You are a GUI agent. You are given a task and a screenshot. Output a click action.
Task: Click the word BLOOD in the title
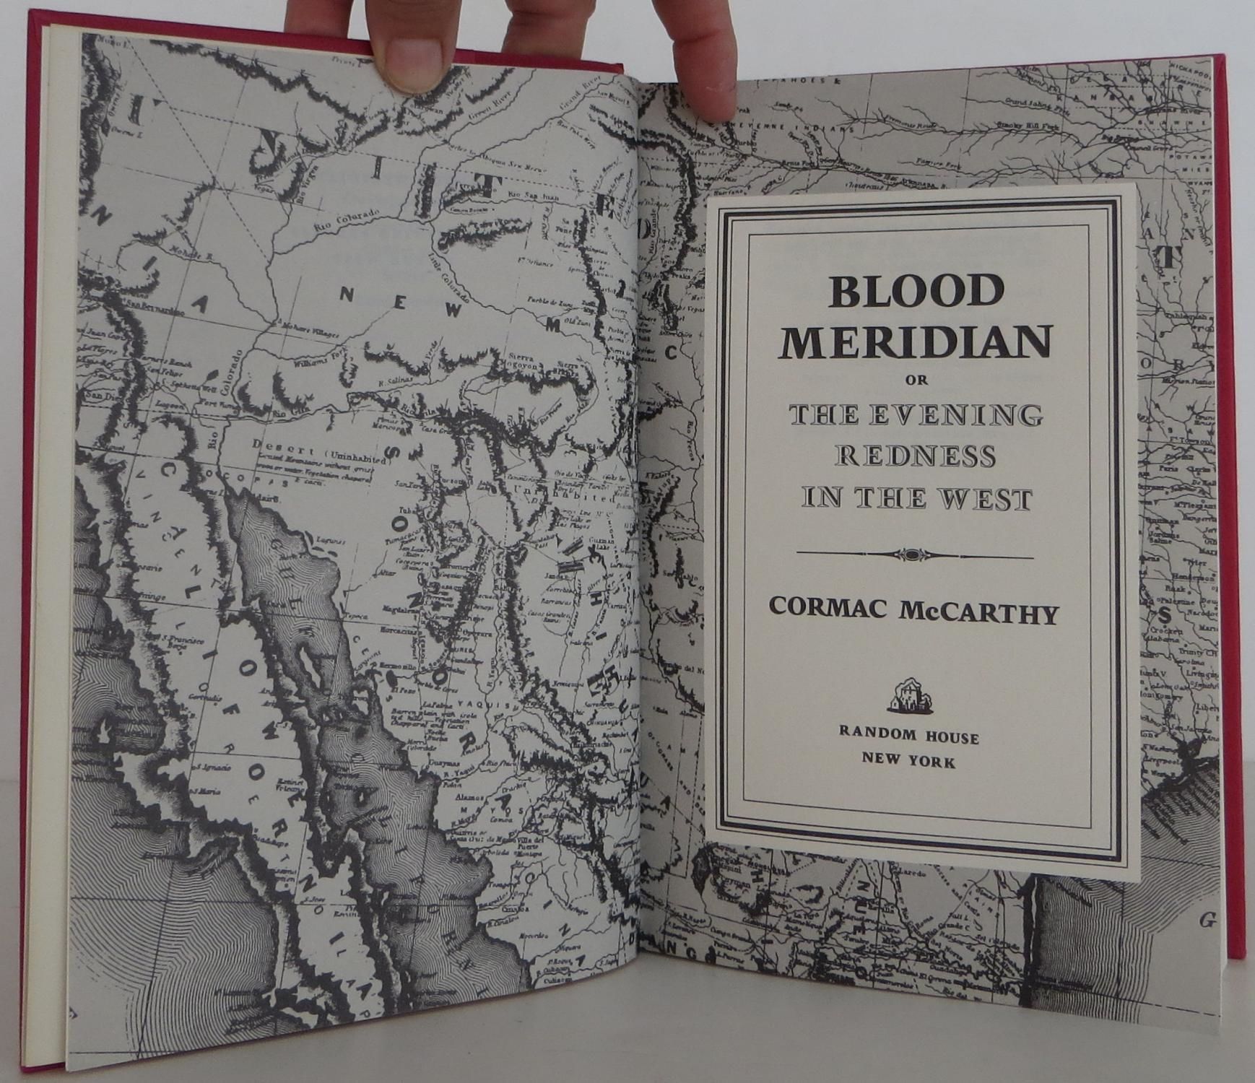click(916, 292)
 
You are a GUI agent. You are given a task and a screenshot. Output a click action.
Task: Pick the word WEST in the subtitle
click(989, 500)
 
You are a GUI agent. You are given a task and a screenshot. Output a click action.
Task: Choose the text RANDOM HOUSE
click(909, 737)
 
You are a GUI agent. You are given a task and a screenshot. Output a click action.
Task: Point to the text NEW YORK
click(909, 762)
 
